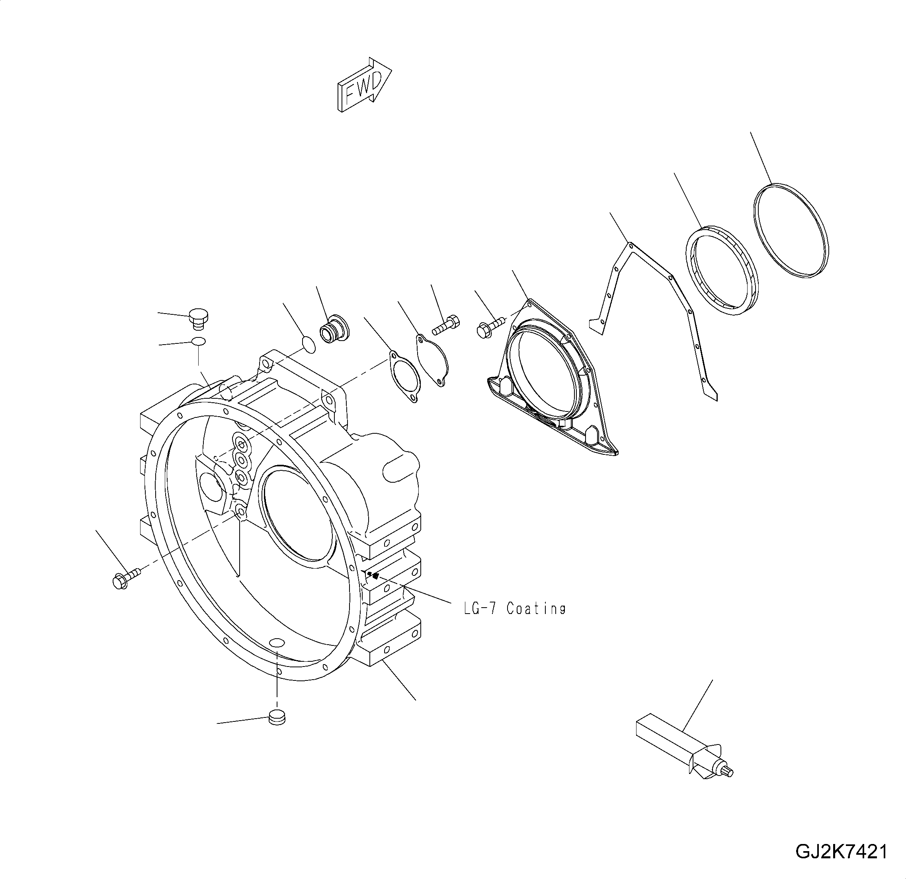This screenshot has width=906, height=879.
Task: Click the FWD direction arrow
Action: click(x=364, y=86)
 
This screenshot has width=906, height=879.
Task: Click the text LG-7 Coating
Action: click(x=514, y=609)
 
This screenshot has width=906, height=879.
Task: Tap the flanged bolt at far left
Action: click(x=125, y=578)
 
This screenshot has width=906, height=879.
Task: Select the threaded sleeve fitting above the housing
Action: click(x=335, y=329)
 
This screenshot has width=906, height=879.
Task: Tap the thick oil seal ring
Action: click(x=721, y=270)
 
